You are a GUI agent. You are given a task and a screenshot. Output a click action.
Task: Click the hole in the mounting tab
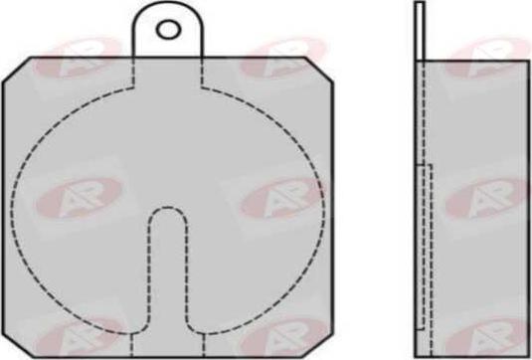point(170,29)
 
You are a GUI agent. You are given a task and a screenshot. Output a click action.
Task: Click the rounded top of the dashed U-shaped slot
point(168,211)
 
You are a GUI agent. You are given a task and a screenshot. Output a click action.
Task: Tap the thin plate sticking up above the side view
point(420,30)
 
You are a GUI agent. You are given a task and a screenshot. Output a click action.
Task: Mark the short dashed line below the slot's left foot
point(133,343)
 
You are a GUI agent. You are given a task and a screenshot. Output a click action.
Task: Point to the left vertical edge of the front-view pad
point(5,209)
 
